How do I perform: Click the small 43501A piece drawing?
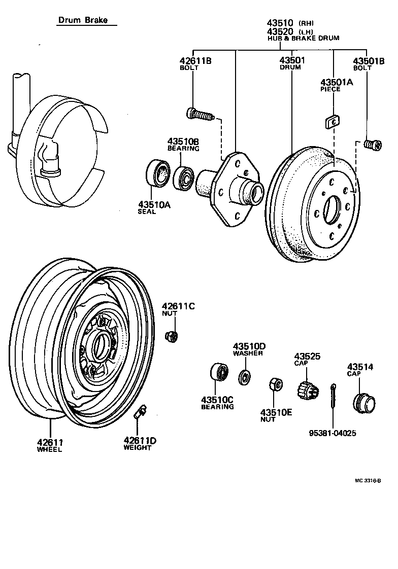click(333, 121)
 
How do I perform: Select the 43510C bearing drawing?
click(220, 373)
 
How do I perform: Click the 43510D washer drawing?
click(245, 376)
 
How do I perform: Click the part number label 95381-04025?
click(333, 434)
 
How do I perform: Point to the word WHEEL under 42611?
click(49, 450)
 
